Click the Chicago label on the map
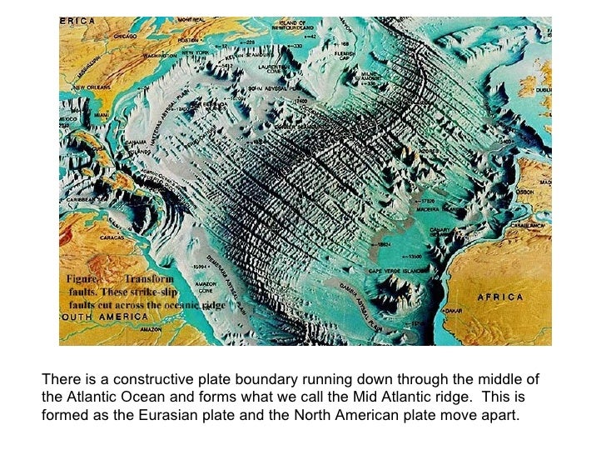pos(120,37)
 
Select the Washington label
pos(161,56)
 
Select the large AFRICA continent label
pos(499,297)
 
